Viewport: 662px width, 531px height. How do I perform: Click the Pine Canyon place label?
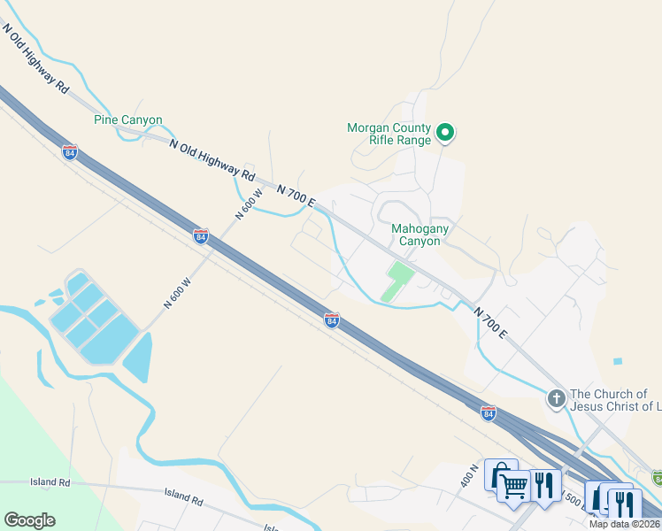(128, 119)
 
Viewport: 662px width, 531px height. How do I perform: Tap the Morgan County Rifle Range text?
(389, 134)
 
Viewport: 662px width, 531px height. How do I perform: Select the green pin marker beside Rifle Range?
(446, 134)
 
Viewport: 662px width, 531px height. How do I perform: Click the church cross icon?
(557, 399)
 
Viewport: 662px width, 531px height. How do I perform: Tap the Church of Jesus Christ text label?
(616, 400)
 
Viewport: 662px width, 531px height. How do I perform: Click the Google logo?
(29, 520)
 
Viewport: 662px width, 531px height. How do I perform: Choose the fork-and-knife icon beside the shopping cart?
(544, 485)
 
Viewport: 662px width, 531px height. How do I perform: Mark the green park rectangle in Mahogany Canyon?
(398, 281)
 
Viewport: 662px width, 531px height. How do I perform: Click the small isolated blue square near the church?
(617, 361)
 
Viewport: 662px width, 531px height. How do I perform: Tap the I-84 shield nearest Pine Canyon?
(70, 152)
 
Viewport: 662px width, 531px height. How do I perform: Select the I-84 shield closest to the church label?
(488, 413)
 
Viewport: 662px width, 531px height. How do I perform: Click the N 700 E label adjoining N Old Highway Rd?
(296, 196)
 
